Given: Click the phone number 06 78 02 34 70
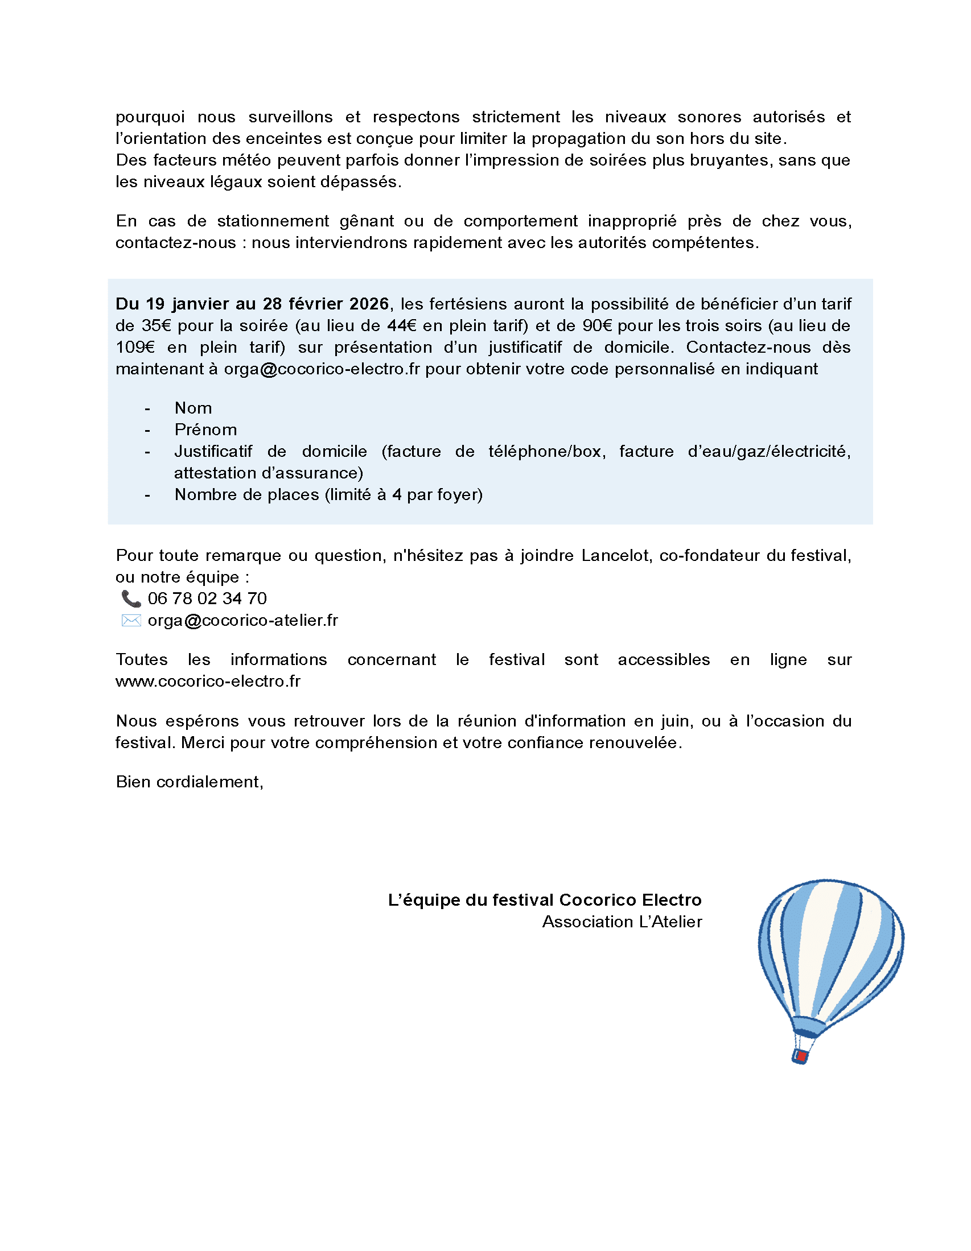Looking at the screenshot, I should point(207,598).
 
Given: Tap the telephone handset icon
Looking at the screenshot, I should point(131,598).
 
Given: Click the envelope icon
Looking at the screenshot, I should point(131,620).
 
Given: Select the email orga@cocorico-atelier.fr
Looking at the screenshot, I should point(242,620).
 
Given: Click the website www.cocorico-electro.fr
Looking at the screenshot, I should point(208,681).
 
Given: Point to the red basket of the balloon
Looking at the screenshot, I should point(801,1056).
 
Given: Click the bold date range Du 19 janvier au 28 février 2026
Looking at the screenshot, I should point(252,304).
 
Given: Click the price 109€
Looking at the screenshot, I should point(135,347).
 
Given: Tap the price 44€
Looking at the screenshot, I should point(402,325).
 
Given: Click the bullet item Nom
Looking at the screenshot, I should point(193,408).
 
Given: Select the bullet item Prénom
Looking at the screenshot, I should point(205,430).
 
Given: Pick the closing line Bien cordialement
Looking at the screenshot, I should point(189,782).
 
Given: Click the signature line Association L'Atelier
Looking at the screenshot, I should point(622,922).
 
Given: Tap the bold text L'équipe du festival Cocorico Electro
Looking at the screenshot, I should point(545,900).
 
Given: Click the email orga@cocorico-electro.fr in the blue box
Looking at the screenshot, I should point(322,369).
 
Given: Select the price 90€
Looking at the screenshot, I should point(597,325).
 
